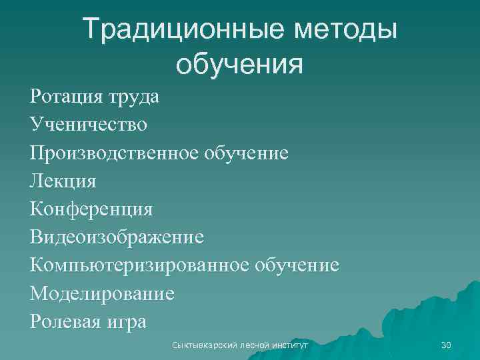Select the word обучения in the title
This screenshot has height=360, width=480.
click(x=239, y=65)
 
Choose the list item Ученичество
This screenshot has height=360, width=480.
click(x=89, y=125)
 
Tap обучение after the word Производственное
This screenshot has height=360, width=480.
click(x=246, y=153)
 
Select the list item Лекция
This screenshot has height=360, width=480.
click(x=63, y=181)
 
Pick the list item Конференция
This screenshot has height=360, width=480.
click(x=91, y=209)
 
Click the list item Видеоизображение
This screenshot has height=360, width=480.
click(x=117, y=237)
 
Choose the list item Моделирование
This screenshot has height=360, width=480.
click(x=102, y=293)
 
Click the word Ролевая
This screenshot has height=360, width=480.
click(x=66, y=321)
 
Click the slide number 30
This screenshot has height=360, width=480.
click(x=446, y=345)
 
